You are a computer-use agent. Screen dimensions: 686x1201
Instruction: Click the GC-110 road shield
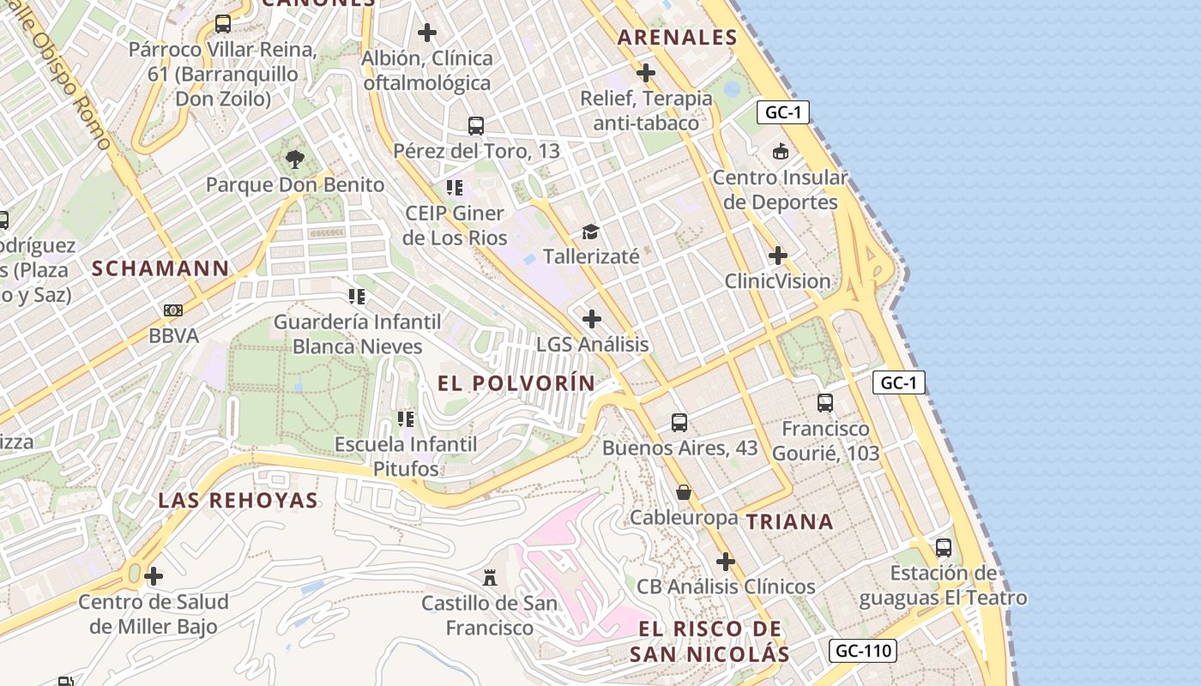(x=863, y=651)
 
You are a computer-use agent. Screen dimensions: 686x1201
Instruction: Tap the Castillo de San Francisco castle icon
(x=490, y=578)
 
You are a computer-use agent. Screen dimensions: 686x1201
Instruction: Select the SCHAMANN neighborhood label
(x=160, y=268)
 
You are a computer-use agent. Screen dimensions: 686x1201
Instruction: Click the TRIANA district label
(x=789, y=522)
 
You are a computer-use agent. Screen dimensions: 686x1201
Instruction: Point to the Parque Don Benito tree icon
(x=295, y=159)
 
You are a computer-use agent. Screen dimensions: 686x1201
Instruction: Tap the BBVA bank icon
(x=173, y=310)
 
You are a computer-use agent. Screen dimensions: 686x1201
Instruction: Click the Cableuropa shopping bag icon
(x=684, y=492)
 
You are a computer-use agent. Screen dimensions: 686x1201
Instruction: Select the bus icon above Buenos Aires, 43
(x=679, y=422)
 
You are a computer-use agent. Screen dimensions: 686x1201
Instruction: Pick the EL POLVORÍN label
(x=516, y=383)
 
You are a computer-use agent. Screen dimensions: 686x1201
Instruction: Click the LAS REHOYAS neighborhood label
(x=238, y=501)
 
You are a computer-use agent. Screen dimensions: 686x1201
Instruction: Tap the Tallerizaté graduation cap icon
(x=590, y=232)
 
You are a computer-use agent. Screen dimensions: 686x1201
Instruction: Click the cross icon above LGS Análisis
(x=592, y=319)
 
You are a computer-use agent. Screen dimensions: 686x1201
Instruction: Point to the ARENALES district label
(x=678, y=37)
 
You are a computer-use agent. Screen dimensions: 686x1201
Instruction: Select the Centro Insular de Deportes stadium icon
(x=780, y=153)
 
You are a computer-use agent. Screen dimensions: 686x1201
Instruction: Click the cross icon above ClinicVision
(x=778, y=256)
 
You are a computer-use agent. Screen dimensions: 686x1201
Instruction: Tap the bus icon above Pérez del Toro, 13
(x=476, y=126)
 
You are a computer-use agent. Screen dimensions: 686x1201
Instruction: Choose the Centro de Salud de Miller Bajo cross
(x=154, y=576)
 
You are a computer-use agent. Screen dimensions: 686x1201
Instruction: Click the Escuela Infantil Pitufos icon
(x=406, y=419)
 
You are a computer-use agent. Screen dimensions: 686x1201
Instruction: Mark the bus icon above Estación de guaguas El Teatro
(x=944, y=547)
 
